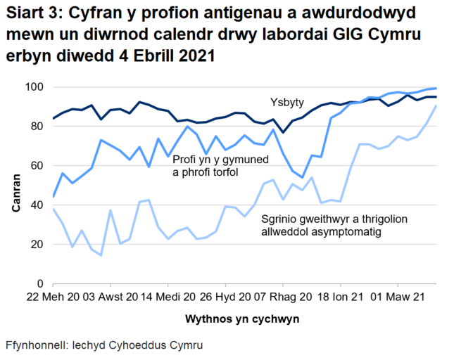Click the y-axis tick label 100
[35, 87]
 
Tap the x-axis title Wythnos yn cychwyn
[241, 319]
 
